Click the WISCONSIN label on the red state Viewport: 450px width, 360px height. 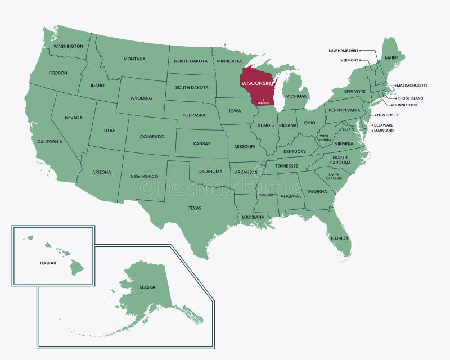[x=255, y=83]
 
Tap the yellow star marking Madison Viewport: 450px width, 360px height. [x=263, y=100]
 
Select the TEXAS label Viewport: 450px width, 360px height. [x=195, y=208]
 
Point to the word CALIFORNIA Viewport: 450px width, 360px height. [x=49, y=142]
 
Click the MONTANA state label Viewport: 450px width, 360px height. [x=134, y=59]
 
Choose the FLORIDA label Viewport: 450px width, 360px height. [x=339, y=238]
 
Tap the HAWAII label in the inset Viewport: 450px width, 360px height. [x=48, y=263]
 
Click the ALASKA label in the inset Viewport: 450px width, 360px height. [x=147, y=287]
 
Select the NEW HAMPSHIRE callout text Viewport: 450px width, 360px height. [x=343, y=51]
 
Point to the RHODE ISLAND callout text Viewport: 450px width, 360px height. [x=409, y=98]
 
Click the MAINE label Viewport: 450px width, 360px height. [x=391, y=57]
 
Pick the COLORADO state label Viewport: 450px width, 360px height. [x=152, y=137]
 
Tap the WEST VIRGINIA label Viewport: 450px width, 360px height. [x=325, y=137]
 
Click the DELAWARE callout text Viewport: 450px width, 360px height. [x=383, y=125]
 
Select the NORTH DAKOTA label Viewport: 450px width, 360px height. [x=191, y=61]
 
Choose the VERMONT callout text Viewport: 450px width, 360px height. [x=349, y=60]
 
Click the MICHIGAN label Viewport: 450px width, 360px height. [x=296, y=96]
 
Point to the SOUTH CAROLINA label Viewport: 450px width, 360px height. [x=334, y=176]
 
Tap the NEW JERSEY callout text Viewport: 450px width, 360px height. [x=388, y=115]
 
